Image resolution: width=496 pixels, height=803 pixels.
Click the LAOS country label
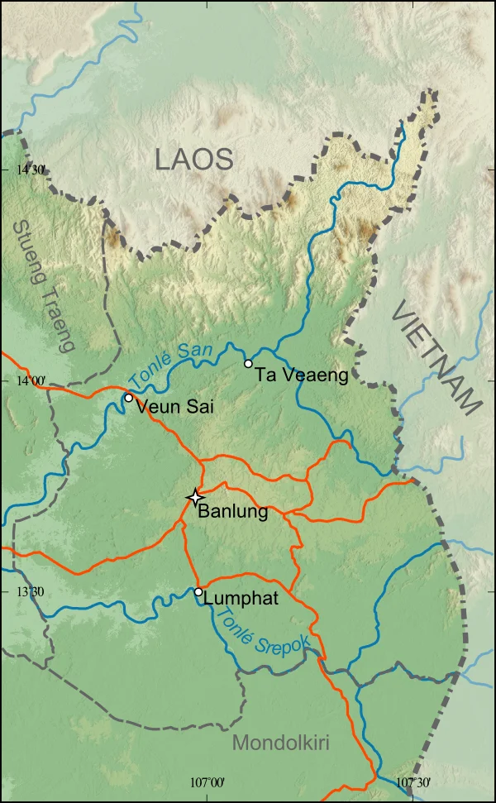[193, 158]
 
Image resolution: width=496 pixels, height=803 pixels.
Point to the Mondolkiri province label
[280, 743]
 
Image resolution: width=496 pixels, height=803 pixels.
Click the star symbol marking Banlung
[194, 496]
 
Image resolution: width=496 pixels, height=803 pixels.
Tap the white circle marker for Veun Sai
[128, 398]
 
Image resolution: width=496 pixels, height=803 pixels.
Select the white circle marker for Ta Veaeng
[248, 364]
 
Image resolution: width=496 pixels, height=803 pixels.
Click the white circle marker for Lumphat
[198, 591]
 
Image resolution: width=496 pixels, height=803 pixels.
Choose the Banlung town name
[232, 512]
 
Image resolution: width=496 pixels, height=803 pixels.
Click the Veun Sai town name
[169, 406]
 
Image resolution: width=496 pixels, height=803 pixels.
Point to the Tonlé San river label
[170, 364]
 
